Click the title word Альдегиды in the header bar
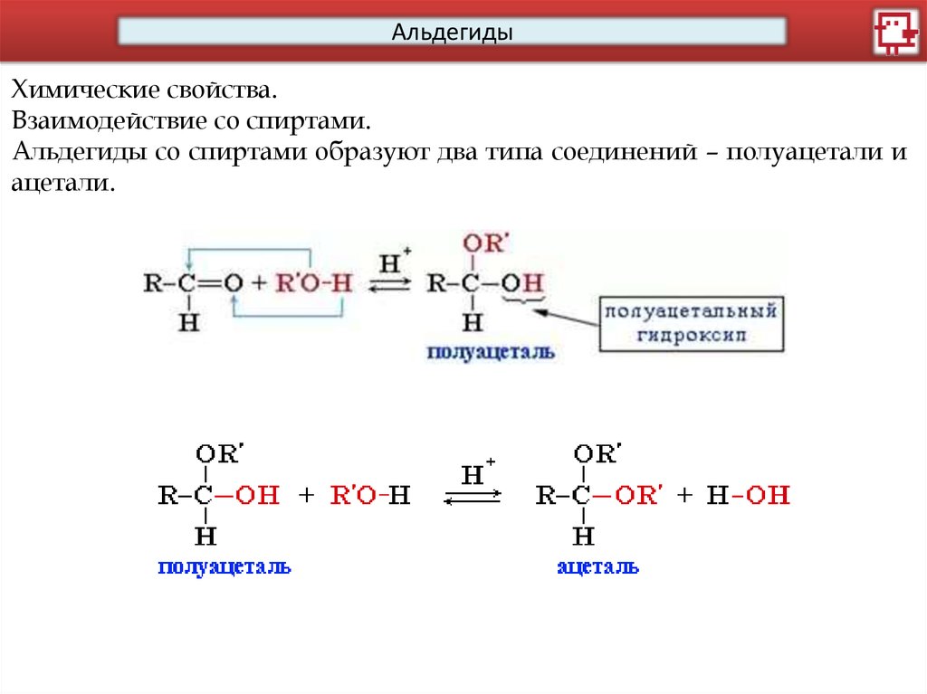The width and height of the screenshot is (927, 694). click(452, 33)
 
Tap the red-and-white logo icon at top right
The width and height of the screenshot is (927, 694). click(895, 33)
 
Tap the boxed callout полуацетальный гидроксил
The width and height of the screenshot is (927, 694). click(691, 322)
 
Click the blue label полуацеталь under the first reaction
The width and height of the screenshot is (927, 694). click(492, 353)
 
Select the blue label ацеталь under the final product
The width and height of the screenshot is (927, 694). click(597, 567)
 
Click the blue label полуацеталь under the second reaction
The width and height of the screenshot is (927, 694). click(224, 567)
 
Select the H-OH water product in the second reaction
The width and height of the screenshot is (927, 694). click(749, 495)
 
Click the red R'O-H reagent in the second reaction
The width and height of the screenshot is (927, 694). click(370, 495)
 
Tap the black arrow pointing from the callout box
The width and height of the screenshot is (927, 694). click(565, 315)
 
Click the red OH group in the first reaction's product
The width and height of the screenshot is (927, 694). click(523, 283)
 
